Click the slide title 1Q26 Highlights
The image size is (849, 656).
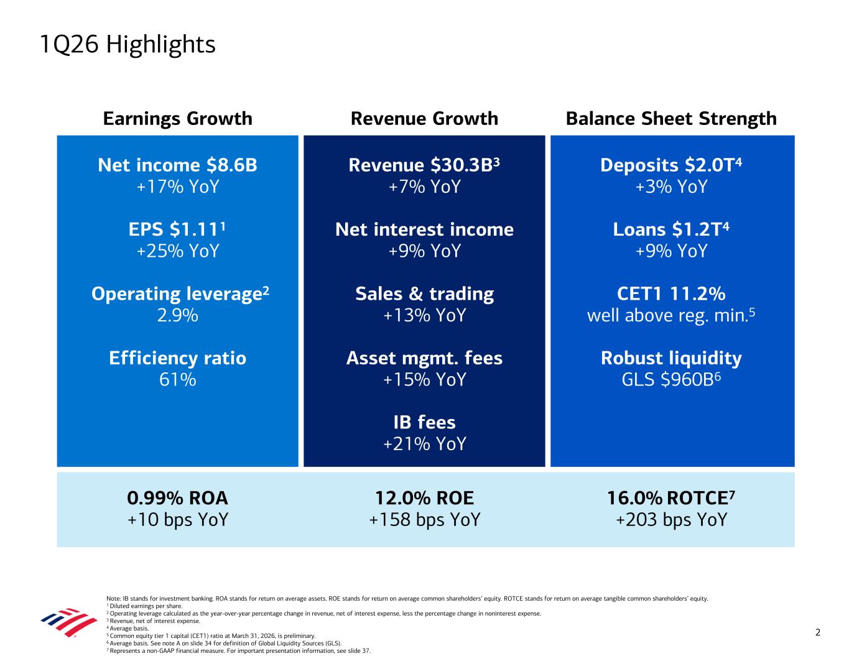click(x=127, y=45)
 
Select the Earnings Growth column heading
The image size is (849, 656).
click(x=177, y=118)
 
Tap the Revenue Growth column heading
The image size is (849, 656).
click(x=424, y=118)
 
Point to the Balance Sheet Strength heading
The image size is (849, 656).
click(x=671, y=118)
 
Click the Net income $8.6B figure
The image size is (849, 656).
click(x=177, y=165)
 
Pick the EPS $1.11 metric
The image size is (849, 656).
click(x=177, y=229)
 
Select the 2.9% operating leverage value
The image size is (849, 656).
click(x=177, y=315)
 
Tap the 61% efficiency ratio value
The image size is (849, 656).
click(x=177, y=379)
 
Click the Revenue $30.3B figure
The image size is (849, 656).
click(x=424, y=165)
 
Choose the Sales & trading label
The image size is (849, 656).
click(x=424, y=293)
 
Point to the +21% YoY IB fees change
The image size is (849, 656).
click(x=424, y=443)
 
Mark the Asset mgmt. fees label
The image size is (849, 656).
click(x=424, y=358)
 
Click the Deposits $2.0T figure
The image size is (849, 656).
click(x=671, y=165)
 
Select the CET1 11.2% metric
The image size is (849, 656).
click(x=671, y=293)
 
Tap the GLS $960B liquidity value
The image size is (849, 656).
click(x=671, y=379)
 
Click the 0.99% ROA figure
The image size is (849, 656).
click(x=177, y=498)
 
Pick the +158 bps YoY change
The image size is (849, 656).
click(x=424, y=519)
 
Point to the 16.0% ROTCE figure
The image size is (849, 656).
click(x=671, y=498)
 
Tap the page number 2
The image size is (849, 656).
click(x=818, y=632)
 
